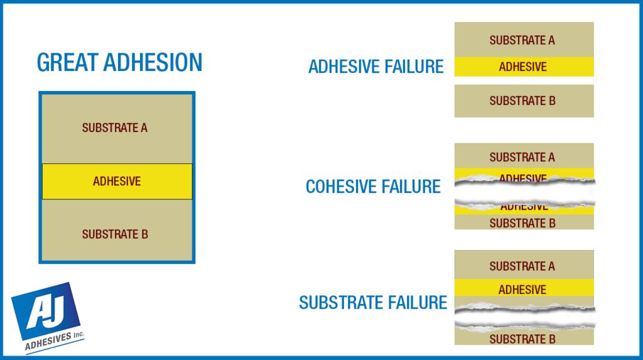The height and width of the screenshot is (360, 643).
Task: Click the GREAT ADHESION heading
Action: pyautogui.click(x=119, y=62)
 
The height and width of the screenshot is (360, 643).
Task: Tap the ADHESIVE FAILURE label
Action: pyautogui.click(x=376, y=67)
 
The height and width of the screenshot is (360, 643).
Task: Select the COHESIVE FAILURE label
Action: pyautogui.click(x=373, y=187)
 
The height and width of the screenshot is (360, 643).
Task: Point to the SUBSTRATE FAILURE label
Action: pyautogui.click(x=373, y=303)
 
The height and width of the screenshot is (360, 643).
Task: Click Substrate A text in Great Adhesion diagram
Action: pyautogui.click(x=115, y=128)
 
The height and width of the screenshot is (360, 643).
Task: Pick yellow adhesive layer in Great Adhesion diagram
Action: pyautogui.click(x=117, y=182)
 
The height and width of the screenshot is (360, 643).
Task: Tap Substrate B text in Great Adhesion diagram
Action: pyautogui.click(x=115, y=235)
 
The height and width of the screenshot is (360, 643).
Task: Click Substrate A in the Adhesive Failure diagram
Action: pyautogui.click(x=522, y=40)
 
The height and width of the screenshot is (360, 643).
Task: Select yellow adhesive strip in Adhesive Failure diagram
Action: pyautogui.click(x=523, y=67)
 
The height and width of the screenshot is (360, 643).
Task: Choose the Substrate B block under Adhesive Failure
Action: pyautogui.click(x=522, y=101)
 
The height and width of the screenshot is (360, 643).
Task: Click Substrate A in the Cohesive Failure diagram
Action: pyautogui.click(x=522, y=157)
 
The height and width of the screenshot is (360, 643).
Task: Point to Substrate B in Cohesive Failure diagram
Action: pyautogui.click(x=522, y=223)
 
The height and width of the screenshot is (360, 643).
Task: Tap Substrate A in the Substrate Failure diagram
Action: pyautogui.click(x=522, y=266)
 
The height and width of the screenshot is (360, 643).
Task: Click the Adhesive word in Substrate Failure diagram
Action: pyautogui.click(x=522, y=290)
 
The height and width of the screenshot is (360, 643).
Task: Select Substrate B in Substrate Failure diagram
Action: pyautogui.click(x=522, y=340)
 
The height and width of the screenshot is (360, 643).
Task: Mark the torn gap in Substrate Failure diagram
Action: pyautogui.click(x=524, y=317)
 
